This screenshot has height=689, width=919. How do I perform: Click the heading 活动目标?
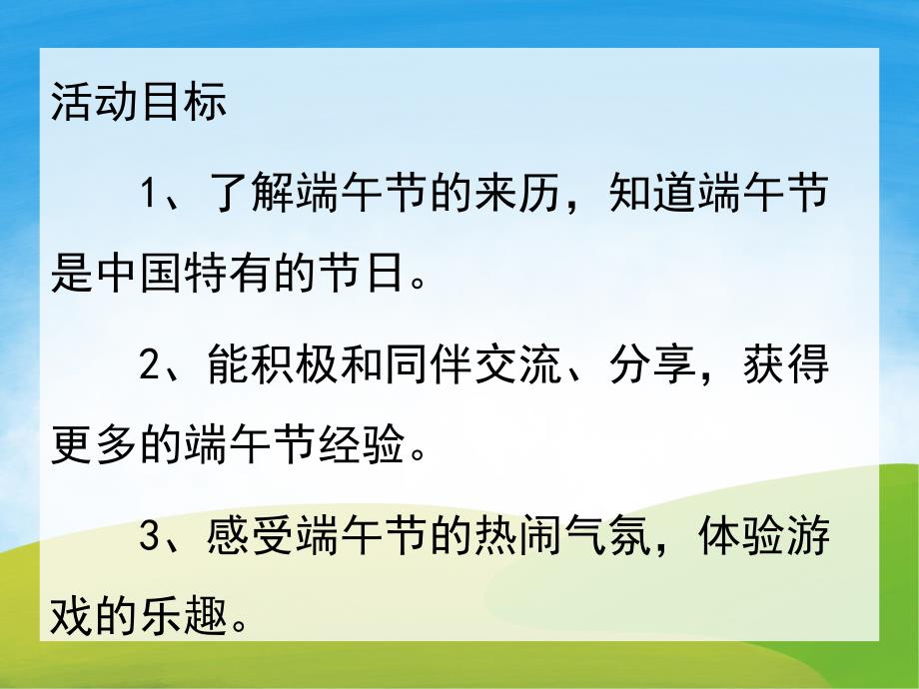tap(139, 104)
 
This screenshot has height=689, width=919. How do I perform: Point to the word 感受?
tap(253, 540)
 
